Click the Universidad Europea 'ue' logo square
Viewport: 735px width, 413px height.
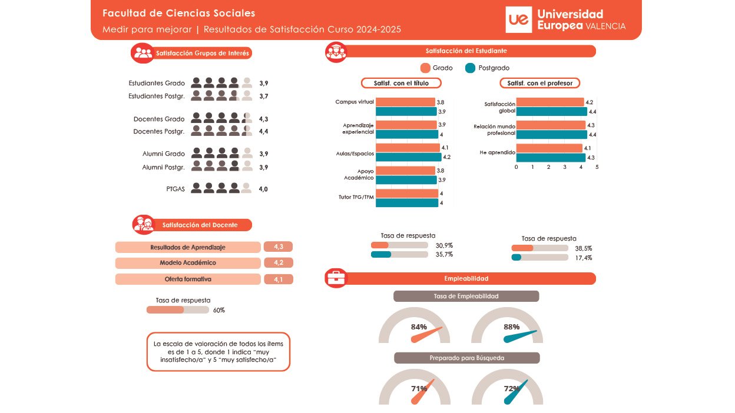point(519,21)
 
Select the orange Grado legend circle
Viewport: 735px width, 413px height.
point(426,68)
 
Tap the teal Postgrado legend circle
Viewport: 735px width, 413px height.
point(470,68)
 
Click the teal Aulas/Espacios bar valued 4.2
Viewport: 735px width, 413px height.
point(408,157)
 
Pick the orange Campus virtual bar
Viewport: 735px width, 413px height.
point(405,102)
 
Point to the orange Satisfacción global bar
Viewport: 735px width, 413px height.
point(550,102)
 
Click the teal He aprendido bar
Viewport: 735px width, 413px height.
point(551,157)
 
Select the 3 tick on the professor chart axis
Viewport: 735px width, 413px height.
point(565,167)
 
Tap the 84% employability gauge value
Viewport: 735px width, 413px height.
point(419,327)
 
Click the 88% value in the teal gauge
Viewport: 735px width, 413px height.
point(511,327)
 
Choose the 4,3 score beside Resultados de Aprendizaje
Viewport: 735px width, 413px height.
point(279,247)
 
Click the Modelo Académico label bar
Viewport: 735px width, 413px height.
point(188,263)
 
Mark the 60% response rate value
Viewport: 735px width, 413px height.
point(219,310)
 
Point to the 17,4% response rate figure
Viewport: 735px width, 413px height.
point(584,258)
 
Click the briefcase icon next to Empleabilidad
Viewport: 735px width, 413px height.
point(336,278)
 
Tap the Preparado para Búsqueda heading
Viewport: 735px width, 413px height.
point(466,358)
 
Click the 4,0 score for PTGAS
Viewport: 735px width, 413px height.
point(263,189)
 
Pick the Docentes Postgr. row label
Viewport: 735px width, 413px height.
point(159,131)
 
